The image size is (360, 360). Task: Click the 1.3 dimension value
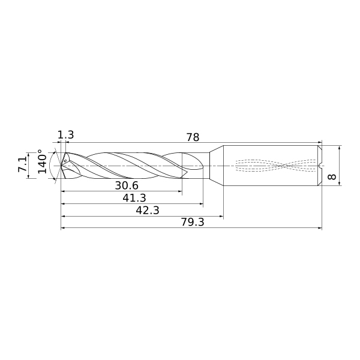pos(65,135)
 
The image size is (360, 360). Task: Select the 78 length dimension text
pos(193,137)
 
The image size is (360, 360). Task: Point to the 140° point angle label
pos(42,161)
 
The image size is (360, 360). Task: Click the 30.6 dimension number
pos(127,185)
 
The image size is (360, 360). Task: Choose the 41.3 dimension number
pos(134,198)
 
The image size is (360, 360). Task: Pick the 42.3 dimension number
pos(148,211)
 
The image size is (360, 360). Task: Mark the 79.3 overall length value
pos(193,222)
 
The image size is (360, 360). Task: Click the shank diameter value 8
pos(332,177)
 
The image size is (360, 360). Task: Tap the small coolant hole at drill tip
pos(65,161)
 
